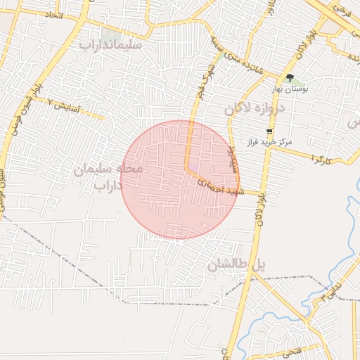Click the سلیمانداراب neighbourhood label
click(x=111, y=45)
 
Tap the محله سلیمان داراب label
click(x=108, y=176)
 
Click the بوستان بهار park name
click(x=297, y=89)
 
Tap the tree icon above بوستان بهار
click(x=290, y=78)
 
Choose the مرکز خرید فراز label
click(x=268, y=142)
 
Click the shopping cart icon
click(x=269, y=131)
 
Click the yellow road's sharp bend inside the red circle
click(x=186, y=169)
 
